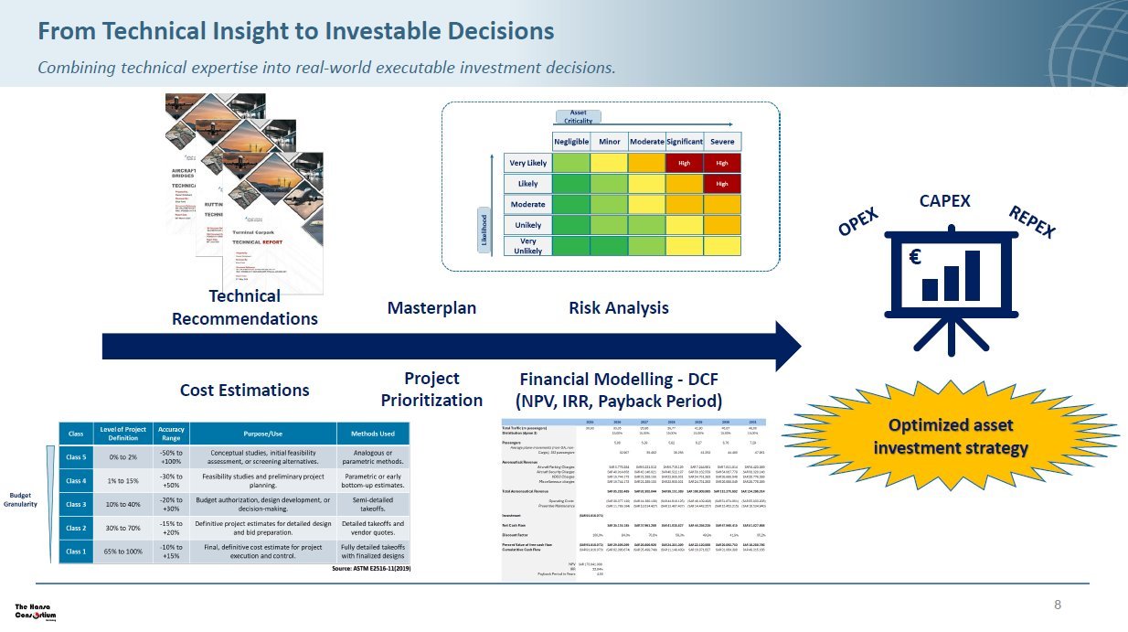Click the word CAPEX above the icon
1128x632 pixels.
pos(943,201)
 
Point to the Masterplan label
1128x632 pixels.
pos(431,308)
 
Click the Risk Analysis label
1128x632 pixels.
pos(618,308)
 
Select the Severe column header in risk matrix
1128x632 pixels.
pos(722,142)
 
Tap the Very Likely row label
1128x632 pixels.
pos(527,163)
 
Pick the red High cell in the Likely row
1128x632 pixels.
pos(722,184)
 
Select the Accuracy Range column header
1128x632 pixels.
pos(171,434)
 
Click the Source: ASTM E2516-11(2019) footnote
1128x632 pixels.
pos(370,568)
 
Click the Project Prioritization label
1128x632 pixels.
pos(431,389)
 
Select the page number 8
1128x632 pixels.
pos(1058,605)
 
